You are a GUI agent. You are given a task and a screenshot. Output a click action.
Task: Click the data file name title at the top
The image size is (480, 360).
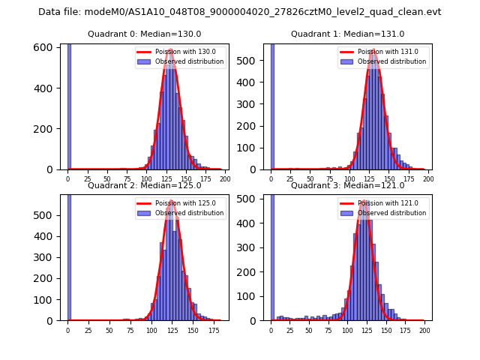pos(240,12)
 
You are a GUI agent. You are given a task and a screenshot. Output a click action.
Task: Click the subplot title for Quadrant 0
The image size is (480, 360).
pos(144,34)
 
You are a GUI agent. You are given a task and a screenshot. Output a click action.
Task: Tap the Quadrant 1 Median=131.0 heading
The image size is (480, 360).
pos(347,34)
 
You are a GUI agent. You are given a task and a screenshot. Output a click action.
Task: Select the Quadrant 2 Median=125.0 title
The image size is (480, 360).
pos(144,185)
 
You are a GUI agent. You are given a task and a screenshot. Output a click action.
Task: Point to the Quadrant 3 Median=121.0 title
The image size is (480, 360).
pos(347,185)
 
